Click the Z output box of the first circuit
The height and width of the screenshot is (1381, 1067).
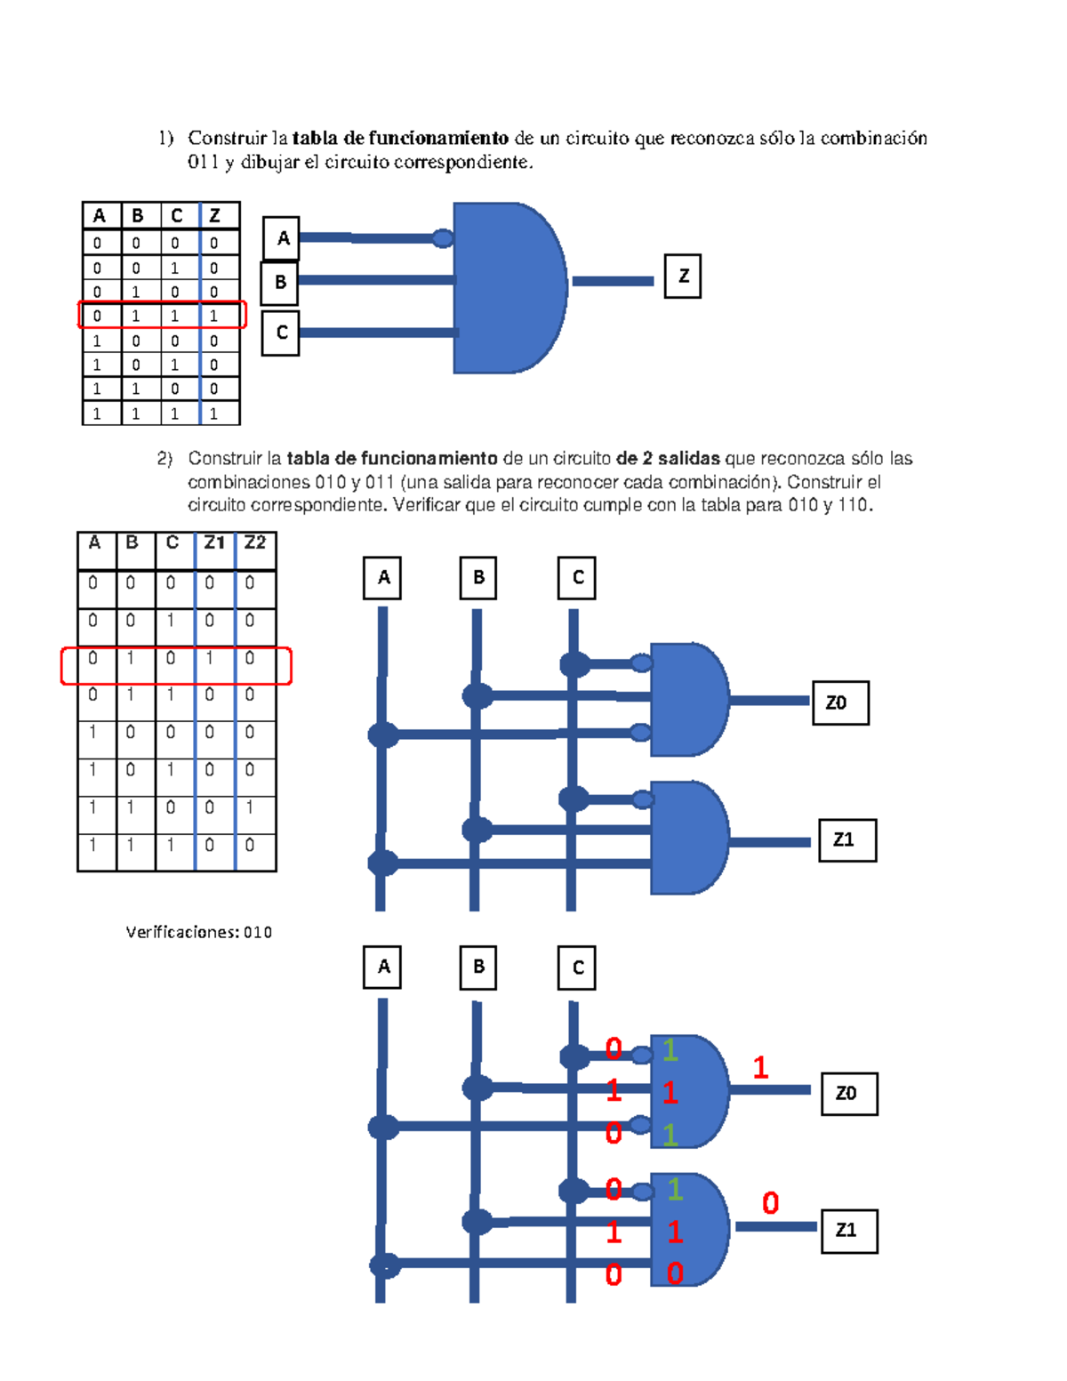[682, 276]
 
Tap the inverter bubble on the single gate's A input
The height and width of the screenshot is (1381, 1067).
[443, 238]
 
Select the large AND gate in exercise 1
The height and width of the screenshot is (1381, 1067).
[509, 288]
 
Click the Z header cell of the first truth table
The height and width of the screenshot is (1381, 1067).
[220, 216]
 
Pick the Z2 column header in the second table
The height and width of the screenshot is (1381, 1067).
[255, 550]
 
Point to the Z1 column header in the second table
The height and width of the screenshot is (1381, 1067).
[215, 550]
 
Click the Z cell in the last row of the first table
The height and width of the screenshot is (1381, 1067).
[220, 413]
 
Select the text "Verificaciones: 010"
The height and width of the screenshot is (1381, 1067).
[199, 932]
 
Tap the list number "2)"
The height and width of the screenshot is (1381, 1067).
[164, 459]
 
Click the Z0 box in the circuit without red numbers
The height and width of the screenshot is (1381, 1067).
[840, 703]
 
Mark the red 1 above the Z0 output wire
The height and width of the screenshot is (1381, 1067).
[760, 1068]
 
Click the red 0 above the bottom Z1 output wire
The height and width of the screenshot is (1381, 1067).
[770, 1203]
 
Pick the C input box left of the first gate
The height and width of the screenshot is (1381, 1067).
[280, 333]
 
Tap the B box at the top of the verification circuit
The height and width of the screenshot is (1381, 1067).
[477, 968]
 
